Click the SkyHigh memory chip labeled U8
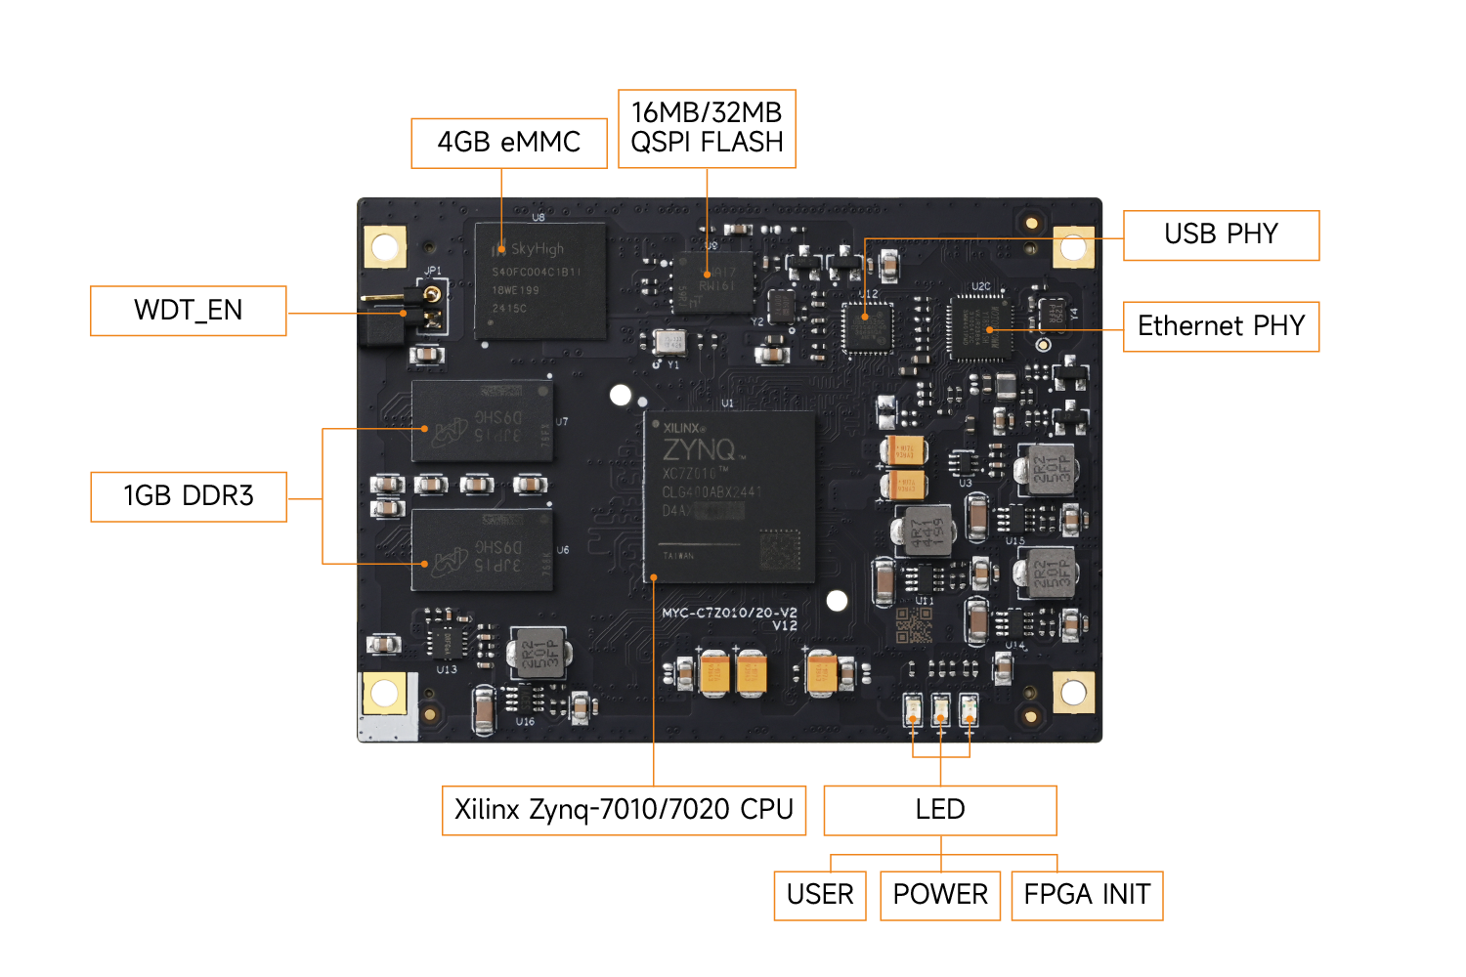(539, 280)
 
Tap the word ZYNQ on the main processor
(699, 449)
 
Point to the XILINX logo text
(682, 428)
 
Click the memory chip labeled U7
(482, 421)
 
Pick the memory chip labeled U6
(482, 550)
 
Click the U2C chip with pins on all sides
(980, 326)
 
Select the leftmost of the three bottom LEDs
(914, 709)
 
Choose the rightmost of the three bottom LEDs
(969, 709)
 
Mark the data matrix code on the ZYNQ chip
(780, 549)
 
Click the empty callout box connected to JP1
(189, 311)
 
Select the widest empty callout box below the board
(624, 811)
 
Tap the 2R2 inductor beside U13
(539, 652)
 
